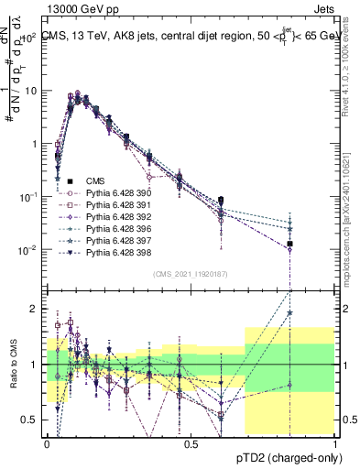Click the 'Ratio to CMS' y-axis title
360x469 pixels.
tap(14, 364)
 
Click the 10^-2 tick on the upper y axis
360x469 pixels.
tap(29, 250)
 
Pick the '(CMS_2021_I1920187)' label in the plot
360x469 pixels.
tap(191, 273)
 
